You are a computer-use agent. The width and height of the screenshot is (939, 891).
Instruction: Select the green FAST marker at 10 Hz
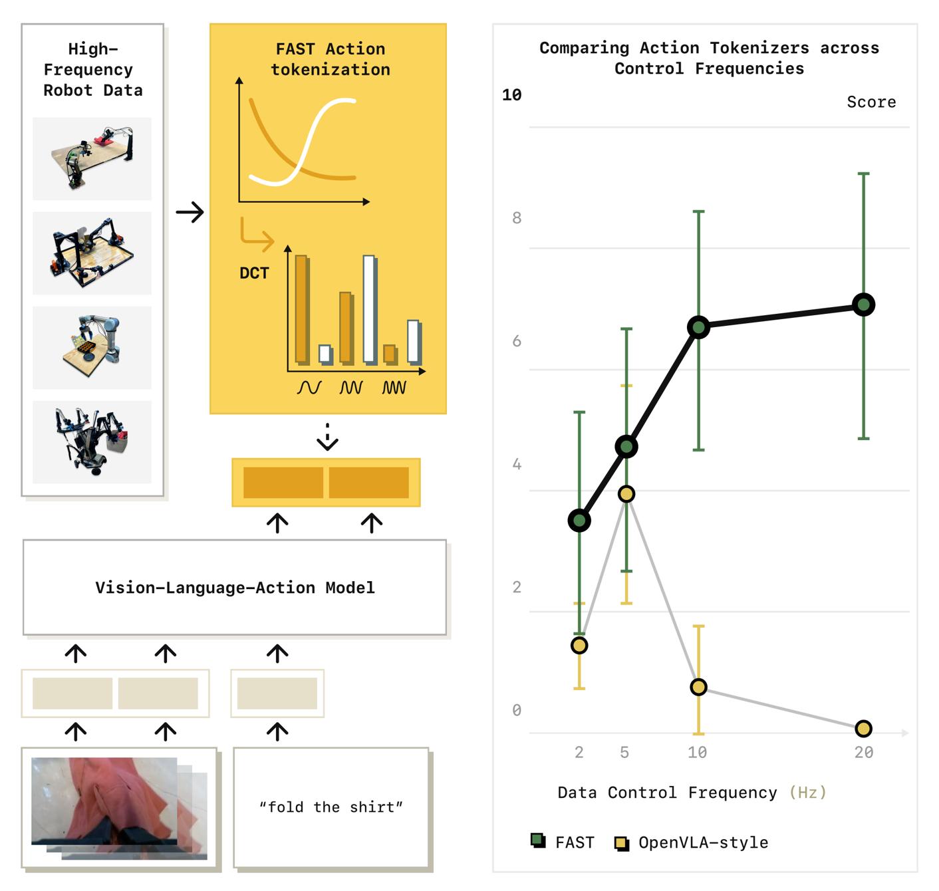pyautogui.click(x=698, y=327)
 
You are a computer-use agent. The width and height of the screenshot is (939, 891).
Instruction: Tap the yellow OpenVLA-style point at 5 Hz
pyautogui.click(x=626, y=493)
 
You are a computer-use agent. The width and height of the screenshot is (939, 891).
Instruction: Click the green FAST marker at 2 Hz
pyautogui.click(x=579, y=520)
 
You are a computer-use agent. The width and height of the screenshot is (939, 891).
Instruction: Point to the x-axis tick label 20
pyautogui.click(x=863, y=752)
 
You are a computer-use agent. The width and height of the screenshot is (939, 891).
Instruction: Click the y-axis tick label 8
pyautogui.click(x=516, y=218)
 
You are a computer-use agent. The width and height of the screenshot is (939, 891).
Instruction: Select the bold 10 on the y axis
pyautogui.click(x=511, y=94)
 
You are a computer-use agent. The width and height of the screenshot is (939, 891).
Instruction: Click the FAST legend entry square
pyautogui.click(x=538, y=840)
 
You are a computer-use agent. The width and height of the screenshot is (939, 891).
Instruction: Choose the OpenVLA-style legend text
pyautogui.click(x=702, y=842)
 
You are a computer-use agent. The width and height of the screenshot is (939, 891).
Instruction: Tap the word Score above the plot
pyautogui.click(x=871, y=102)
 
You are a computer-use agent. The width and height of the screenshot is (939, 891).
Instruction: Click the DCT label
pyautogui.click(x=253, y=273)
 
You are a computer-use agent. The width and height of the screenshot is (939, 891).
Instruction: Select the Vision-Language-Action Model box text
pyautogui.click(x=235, y=587)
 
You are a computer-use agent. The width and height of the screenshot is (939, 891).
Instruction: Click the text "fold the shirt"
pyautogui.click(x=331, y=807)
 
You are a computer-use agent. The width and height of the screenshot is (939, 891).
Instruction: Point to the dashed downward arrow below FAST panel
pyautogui.click(x=327, y=436)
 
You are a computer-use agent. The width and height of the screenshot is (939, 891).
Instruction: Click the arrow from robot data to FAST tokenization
pyautogui.click(x=190, y=211)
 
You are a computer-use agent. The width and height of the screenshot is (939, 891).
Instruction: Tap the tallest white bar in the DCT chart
pyautogui.click(x=369, y=310)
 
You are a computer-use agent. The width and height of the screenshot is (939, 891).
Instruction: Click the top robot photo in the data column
pyautogui.click(x=92, y=158)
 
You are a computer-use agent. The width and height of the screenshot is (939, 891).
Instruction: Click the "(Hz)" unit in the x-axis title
pyautogui.click(x=807, y=792)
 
